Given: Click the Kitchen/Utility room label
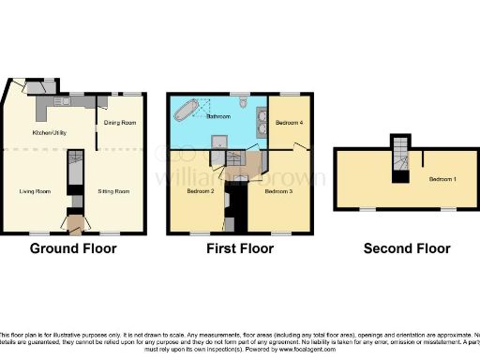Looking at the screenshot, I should click(50, 132).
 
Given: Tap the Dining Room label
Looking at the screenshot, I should click(119, 123).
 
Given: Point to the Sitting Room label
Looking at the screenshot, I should click(113, 191).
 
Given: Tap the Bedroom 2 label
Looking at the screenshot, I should click(201, 191).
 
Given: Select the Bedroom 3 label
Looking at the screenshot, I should click(277, 191).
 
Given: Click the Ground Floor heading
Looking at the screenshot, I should click(73, 248).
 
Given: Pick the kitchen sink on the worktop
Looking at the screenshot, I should click(67, 101).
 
